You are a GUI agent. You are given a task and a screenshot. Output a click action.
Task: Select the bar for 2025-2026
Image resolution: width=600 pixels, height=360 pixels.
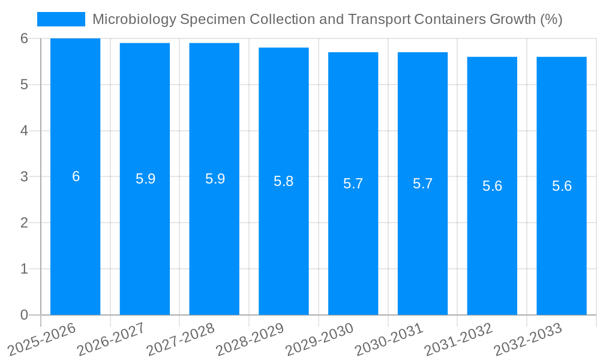coord(75,240)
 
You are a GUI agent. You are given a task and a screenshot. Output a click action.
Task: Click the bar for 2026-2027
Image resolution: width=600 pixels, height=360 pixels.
coord(145,240)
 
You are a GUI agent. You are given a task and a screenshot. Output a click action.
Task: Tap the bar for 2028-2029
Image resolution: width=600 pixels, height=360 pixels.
coord(284,240)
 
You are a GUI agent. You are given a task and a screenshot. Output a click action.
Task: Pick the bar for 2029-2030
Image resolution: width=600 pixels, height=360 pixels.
coord(353,240)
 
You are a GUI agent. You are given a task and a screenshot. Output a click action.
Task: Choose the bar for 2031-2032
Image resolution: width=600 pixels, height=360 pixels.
coord(492,240)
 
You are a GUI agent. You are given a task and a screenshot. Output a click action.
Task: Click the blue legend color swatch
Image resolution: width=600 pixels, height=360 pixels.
coord(61,19)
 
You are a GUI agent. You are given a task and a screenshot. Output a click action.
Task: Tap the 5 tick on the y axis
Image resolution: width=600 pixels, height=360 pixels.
coord(25,85)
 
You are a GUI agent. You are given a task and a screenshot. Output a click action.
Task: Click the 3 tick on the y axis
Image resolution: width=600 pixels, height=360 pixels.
coord(25,177)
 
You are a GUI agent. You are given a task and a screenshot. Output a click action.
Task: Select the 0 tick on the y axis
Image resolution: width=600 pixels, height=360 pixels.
coord(25,315)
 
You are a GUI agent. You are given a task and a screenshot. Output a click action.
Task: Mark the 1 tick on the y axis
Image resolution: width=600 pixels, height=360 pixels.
coord(25,269)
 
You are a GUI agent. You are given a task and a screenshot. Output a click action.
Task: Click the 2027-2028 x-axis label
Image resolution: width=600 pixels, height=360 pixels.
coord(180,340)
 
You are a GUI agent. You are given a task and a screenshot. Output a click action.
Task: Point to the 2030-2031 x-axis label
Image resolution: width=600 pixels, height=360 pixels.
coord(389,340)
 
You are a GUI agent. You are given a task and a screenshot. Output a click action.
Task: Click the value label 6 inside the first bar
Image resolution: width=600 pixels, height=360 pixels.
coord(76,176)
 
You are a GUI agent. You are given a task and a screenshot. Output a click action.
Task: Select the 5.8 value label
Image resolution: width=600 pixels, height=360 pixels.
coord(284,181)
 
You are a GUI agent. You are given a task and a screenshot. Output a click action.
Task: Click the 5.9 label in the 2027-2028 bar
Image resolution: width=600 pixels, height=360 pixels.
coord(215,179)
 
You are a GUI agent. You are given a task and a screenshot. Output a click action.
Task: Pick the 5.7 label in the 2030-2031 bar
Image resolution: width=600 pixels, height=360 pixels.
coord(422,184)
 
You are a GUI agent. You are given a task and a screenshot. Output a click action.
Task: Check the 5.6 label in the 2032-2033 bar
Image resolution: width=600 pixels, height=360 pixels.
coord(562,186)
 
